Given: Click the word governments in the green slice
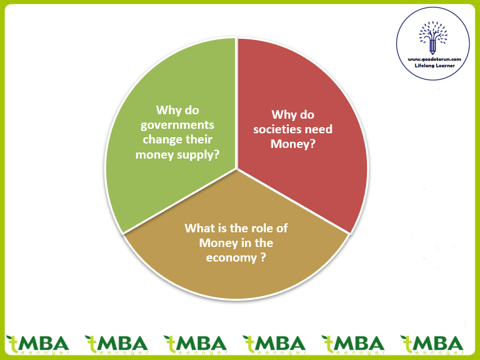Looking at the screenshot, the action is (x=177, y=125).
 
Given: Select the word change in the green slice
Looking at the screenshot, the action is (x=160, y=139).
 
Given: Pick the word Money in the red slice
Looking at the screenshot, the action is (x=292, y=143).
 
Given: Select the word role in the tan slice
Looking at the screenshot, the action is (x=263, y=228).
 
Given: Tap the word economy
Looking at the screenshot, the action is (x=231, y=258).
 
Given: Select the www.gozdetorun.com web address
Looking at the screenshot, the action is (x=434, y=60).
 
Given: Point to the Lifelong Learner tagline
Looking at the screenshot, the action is (x=434, y=66).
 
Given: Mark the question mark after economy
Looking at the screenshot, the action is (x=262, y=258).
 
